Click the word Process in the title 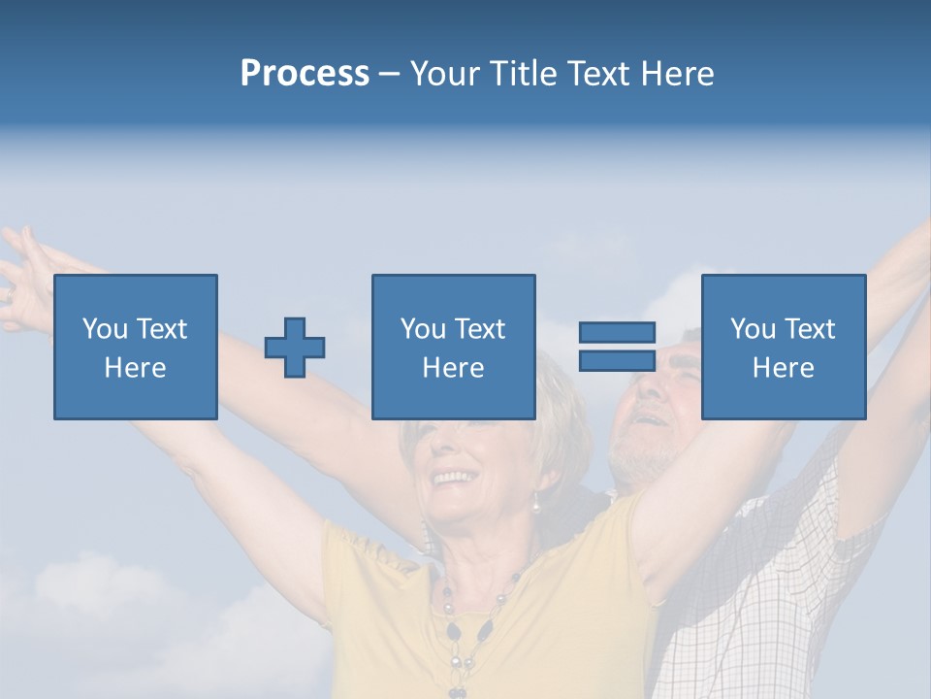coord(305,74)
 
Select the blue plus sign coord(295,347)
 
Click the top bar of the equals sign coord(617,333)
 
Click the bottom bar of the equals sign coord(617,360)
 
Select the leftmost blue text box coord(136,347)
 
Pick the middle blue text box coord(453,347)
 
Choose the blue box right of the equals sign coord(783,347)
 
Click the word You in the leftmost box coord(104,329)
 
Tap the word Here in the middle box coord(453,368)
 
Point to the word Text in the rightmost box coord(810,329)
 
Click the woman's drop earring coord(534,502)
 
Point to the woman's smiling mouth coord(451,478)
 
